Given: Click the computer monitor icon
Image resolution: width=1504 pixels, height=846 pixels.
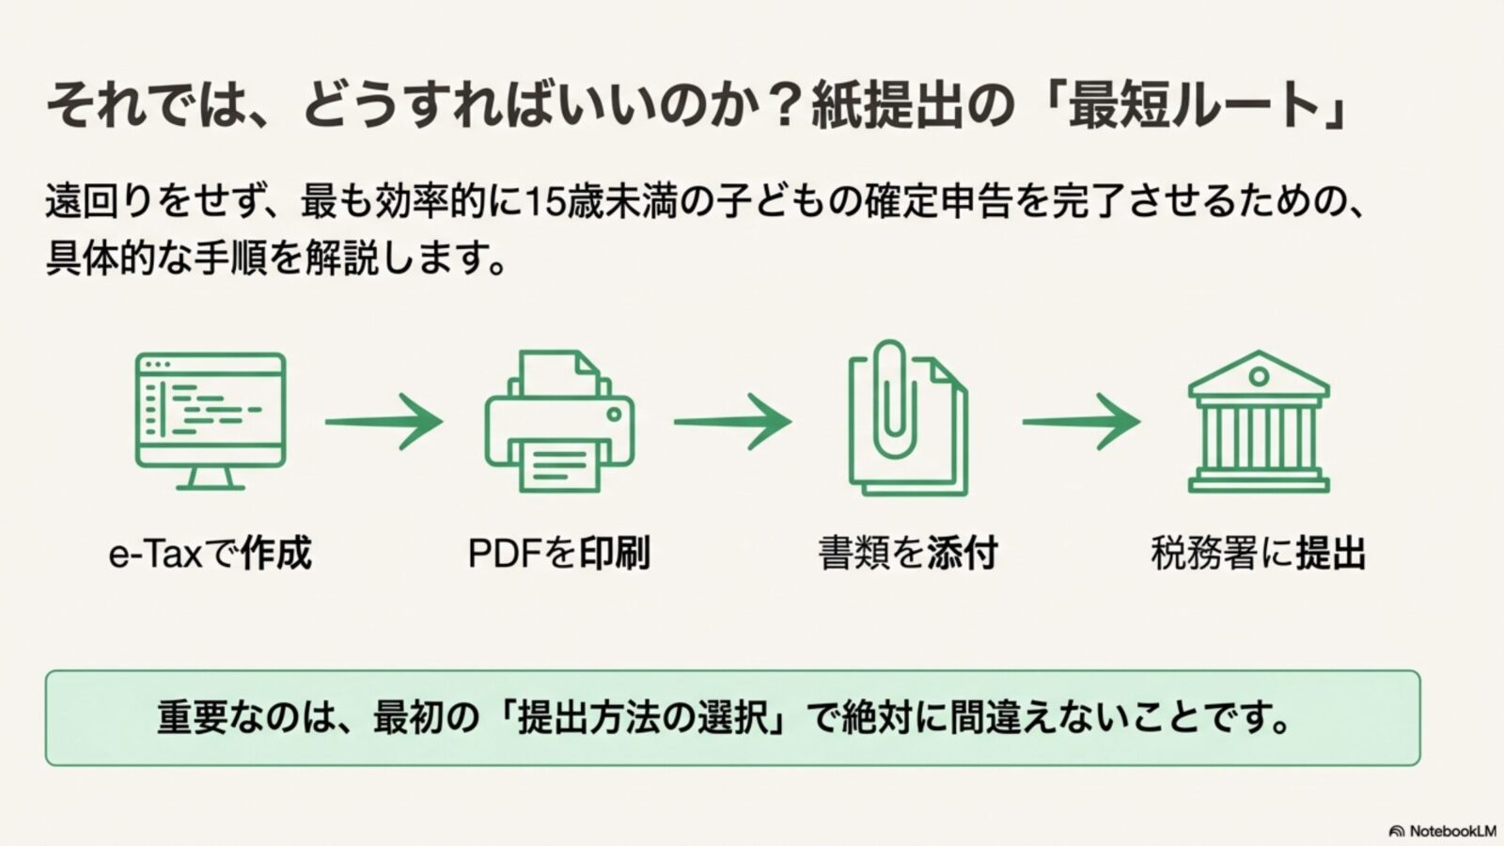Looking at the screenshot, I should (211, 411).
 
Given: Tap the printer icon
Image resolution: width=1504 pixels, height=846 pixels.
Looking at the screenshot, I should (559, 423).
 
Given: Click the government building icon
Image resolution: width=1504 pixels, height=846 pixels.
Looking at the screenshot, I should (1259, 423).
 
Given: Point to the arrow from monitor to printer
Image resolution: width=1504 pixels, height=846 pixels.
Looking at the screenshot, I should (384, 421).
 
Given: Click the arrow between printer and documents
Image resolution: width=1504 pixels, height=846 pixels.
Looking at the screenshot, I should (732, 421).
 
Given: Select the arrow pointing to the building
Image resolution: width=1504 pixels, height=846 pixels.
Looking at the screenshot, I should (1081, 421).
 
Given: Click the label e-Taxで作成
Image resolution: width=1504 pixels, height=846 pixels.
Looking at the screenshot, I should (211, 554).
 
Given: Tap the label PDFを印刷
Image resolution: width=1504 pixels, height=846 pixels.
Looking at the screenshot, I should (559, 554).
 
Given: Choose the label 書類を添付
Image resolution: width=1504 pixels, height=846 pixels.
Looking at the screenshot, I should (908, 554).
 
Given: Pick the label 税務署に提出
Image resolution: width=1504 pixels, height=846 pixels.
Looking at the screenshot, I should (1259, 554).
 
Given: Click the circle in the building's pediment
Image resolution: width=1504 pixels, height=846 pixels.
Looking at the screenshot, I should (1259, 377).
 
